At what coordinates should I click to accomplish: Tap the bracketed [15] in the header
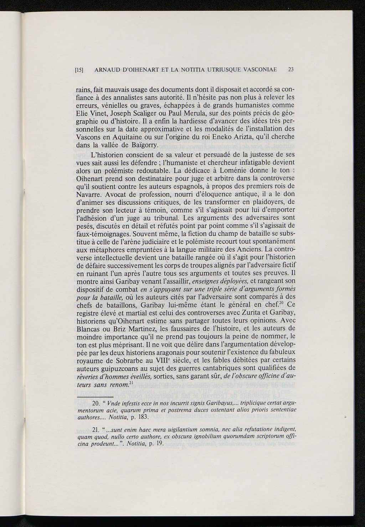click(x=79, y=70)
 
